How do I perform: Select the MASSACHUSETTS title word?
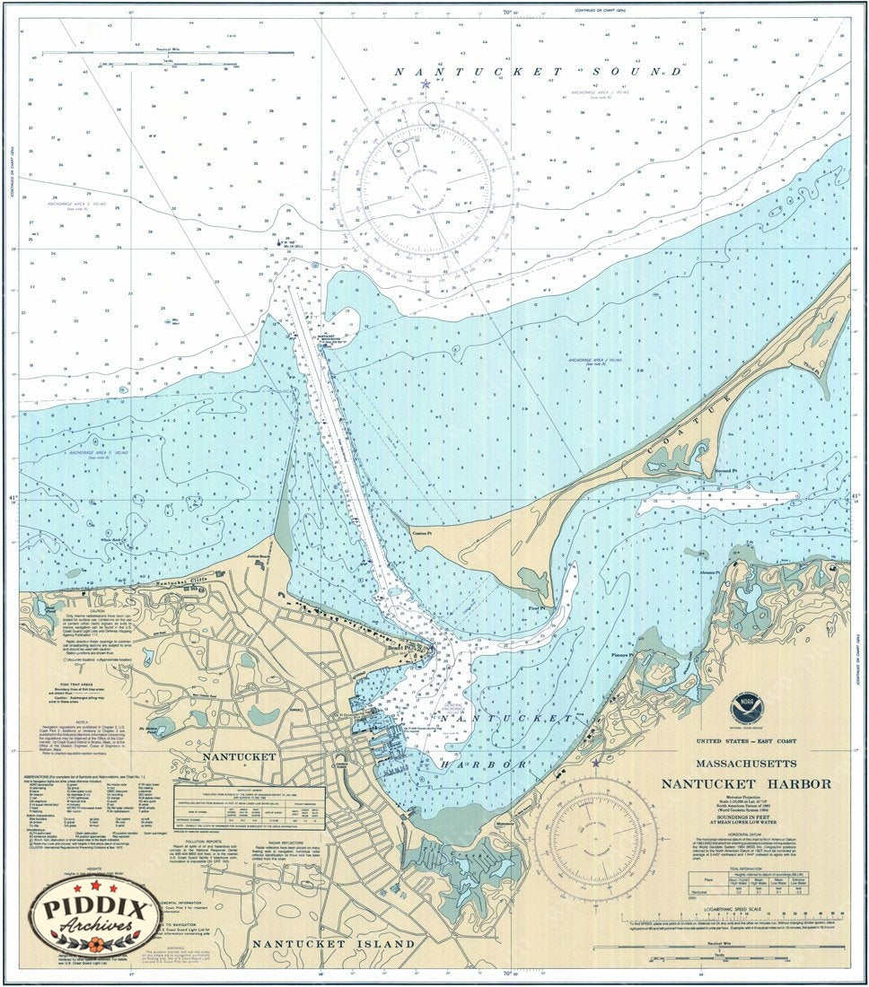click(x=746, y=764)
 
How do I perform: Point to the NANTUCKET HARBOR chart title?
click(x=746, y=783)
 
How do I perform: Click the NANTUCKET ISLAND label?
click(x=333, y=944)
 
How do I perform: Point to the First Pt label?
click(x=536, y=607)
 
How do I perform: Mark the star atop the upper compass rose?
click(x=426, y=84)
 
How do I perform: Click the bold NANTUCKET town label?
click(x=240, y=756)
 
